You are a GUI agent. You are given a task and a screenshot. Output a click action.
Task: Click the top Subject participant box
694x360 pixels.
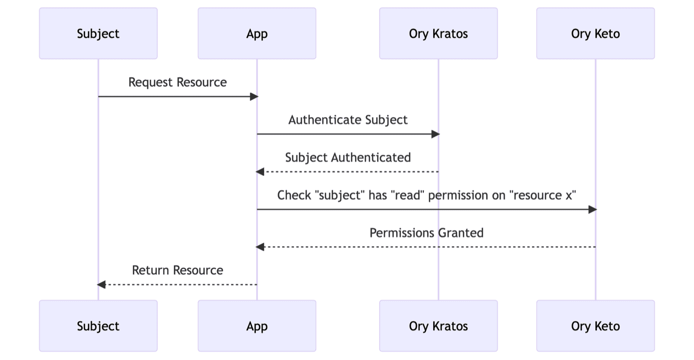coord(98,34)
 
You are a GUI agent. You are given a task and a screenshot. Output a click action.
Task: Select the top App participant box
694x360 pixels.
coord(257,34)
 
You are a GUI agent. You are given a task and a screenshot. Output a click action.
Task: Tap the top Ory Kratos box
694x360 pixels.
coord(438,34)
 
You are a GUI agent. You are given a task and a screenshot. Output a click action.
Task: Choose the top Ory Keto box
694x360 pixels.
coord(595,34)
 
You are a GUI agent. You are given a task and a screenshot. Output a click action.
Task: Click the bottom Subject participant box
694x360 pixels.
coord(98,326)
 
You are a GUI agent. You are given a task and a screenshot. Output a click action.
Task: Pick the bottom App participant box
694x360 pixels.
coord(257,326)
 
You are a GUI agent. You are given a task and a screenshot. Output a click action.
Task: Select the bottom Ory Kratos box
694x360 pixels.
coord(438,326)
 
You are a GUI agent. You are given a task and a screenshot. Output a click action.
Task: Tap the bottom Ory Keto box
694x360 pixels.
coord(595,326)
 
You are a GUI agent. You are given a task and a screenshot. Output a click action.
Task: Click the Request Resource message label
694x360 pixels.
coord(177,82)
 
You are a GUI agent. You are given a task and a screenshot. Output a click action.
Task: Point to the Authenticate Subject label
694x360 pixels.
coord(348,120)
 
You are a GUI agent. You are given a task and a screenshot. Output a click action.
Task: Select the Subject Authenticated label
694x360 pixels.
coord(348,158)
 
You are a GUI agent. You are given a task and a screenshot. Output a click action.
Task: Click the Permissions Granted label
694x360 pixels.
coord(426,233)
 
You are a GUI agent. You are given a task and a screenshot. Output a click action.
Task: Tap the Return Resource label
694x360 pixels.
coord(177,270)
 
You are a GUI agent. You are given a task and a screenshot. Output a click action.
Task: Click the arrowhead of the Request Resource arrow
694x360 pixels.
coord(254,96)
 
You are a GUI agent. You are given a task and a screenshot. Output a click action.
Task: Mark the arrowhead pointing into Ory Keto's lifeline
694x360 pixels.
coord(592,209)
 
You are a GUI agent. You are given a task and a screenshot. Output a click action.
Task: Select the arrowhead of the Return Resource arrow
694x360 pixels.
coord(102,285)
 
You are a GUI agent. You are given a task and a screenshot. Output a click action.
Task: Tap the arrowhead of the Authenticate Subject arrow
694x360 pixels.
coord(435,134)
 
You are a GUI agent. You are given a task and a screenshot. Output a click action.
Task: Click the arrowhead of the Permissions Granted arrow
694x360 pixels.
coord(260,247)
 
